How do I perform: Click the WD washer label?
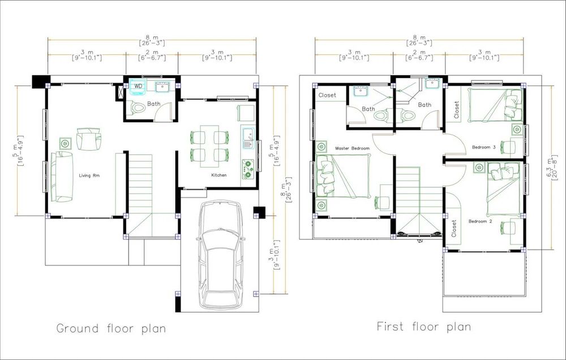tap(138, 86)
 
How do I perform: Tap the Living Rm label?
tap(89, 175)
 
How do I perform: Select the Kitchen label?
tap(218, 175)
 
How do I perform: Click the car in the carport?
tap(220, 255)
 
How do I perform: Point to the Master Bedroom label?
tap(352, 148)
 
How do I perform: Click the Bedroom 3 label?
tap(484, 147)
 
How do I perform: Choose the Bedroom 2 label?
tap(480, 221)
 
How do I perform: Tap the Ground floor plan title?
tap(111, 329)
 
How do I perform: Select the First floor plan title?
tap(424, 327)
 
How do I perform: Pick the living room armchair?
tap(88, 139)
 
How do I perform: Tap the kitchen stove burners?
tap(248, 169)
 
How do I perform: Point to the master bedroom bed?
tap(344, 176)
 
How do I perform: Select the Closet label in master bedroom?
tap(327, 95)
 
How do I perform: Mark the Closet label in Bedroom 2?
tap(454, 229)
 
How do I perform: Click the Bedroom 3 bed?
tap(495, 105)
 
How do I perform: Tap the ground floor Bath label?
tap(154, 104)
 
